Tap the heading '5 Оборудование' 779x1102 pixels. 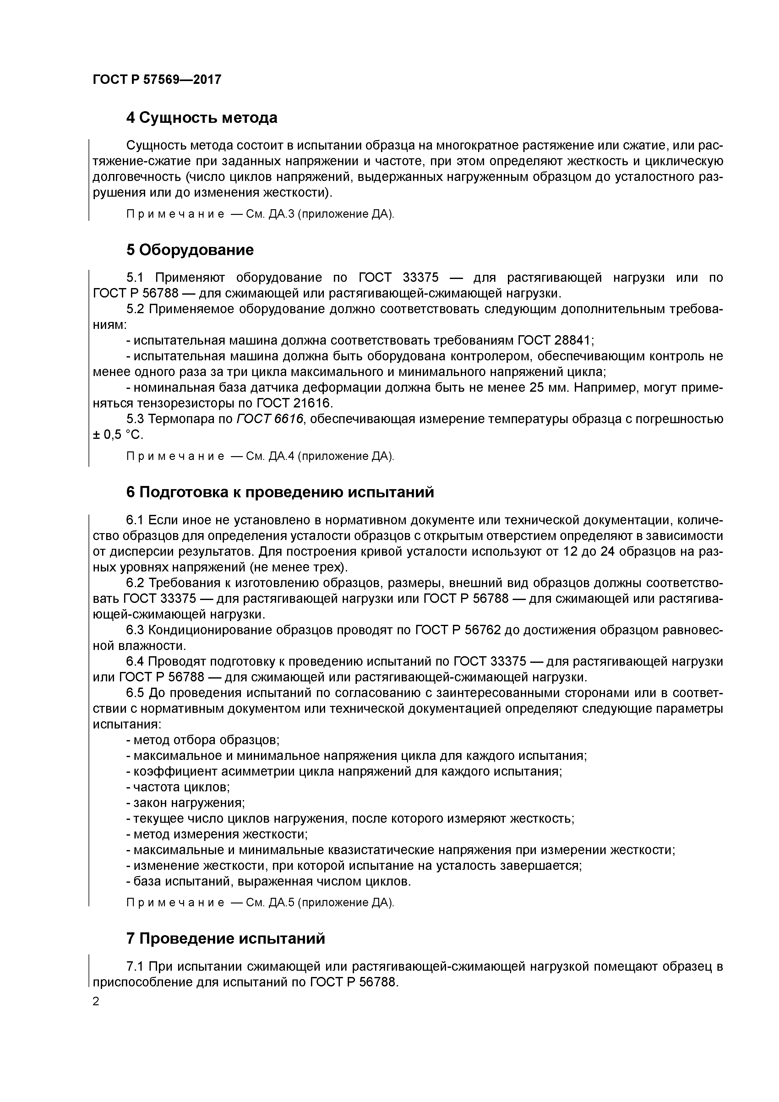click(x=190, y=250)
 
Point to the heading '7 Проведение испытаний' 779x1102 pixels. click(x=226, y=938)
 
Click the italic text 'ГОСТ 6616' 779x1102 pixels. click(x=270, y=419)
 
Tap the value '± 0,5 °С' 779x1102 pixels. click(x=117, y=435)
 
